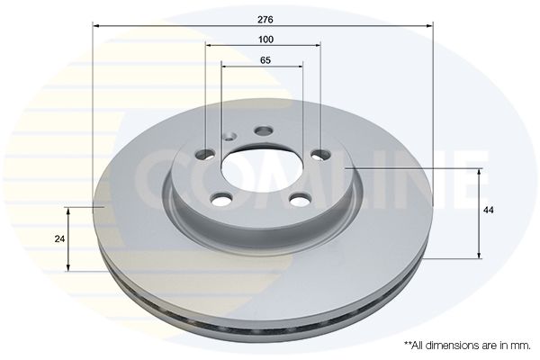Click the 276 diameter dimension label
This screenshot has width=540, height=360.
pos(265,20)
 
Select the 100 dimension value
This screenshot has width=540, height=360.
pos(265,40)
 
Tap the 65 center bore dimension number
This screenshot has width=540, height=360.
pos(265,60)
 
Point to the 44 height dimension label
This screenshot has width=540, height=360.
pos(488,210)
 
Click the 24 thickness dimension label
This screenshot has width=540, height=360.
pos(59,238)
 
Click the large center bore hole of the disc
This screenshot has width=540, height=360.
pos(263,169)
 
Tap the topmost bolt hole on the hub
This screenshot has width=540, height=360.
pos(264,130)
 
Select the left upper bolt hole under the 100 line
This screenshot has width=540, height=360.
pos(205,155)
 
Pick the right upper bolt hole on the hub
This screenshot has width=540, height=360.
pos(321,155)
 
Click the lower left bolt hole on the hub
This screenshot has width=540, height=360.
pos(221,200)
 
